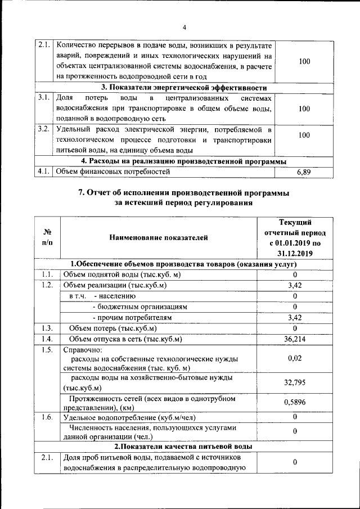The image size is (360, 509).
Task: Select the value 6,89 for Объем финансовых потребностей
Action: click(x=304, y=172)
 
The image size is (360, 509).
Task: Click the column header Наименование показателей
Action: click(x=159, y=237)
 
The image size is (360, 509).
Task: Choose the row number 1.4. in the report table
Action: click(x=47, y=339)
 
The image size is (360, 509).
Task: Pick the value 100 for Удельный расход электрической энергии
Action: click(x=304, y=136)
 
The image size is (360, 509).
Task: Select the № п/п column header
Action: click(x=47, y=237)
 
